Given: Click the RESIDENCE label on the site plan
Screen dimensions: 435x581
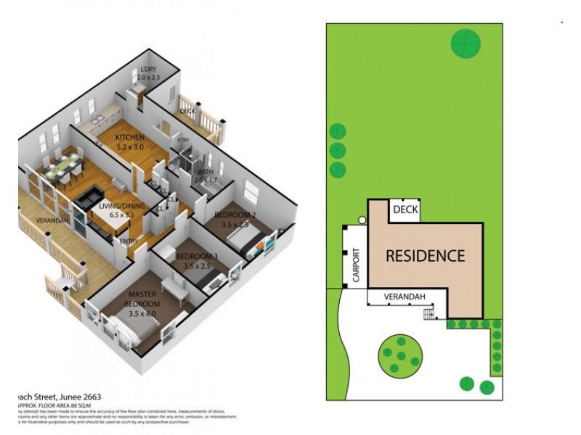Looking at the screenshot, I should (425, 256).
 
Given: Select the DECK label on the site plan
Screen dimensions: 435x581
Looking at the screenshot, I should (405, 210).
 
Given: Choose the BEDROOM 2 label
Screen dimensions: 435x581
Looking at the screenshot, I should (236, 215).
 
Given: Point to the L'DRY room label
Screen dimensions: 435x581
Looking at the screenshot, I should (148, 70).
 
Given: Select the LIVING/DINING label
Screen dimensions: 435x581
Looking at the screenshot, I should (121, 207).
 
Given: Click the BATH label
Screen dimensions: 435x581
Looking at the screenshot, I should (205, 172).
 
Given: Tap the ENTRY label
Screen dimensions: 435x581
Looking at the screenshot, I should (129, 241).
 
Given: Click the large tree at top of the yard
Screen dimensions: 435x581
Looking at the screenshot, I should (466, 43).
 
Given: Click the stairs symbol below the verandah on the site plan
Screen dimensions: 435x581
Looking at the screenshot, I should (430, 313).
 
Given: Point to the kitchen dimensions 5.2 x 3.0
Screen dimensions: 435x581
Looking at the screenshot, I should (131, 146).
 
